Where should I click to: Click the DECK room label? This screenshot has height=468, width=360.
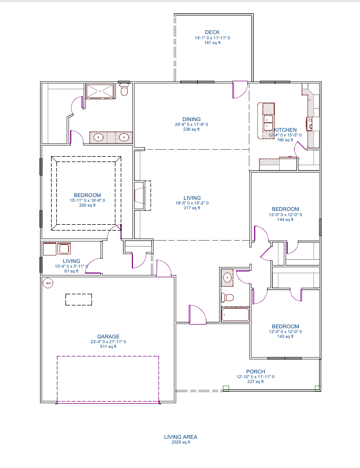(x=212, y=32)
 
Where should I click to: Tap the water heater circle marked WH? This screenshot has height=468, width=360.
(x=48, y=283)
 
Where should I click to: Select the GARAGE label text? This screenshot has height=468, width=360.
(x=108, y=336)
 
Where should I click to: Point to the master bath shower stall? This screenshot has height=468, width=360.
(x=100, y=91)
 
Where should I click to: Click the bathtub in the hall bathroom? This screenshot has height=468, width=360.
(x=235, y=314)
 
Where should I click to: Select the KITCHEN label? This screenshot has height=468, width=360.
(x=286, y=130)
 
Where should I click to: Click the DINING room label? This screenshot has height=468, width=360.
(x=191, y=120)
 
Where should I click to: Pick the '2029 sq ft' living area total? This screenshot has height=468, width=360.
(x=181, y=442)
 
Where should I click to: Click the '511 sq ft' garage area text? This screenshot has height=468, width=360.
(x=108, y=346)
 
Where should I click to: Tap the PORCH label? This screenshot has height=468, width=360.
(x=255, y=372)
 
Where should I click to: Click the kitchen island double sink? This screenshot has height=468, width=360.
(x=268, y=122)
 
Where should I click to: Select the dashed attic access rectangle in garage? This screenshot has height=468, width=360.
(x=79, y=300)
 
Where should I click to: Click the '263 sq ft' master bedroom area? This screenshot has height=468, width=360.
(x=87, y=206)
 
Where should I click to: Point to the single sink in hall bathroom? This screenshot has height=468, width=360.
(x=228, y=278)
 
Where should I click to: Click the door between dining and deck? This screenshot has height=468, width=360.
(x=240, y=89)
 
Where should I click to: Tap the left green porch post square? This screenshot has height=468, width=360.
(x=226, y=388)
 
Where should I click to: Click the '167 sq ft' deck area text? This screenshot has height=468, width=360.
(x=212, y=42)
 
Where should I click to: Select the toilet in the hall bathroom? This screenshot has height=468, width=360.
(x=228, y=297)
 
